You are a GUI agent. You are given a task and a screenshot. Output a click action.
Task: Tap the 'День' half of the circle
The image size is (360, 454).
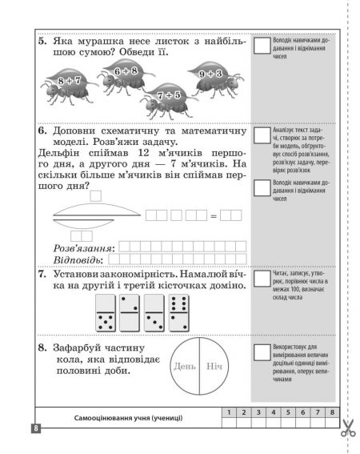(185, 368)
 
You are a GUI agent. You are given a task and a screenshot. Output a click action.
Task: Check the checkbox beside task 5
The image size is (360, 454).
(259, 46)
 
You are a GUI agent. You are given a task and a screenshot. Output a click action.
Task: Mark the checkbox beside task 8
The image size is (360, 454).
(259, 352)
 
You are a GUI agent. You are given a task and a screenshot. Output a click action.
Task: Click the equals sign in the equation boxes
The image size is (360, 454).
(213, 215)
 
